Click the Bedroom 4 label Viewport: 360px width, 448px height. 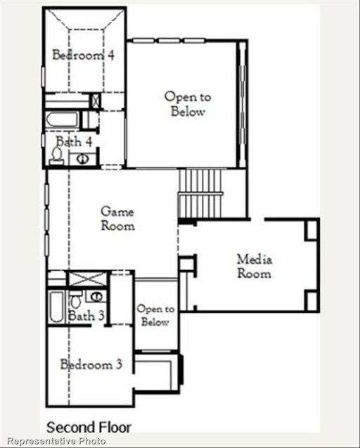83,54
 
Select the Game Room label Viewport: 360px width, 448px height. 117,218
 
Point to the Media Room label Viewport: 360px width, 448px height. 254,267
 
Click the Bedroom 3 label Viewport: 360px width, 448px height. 91,364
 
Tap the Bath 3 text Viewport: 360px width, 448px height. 86,316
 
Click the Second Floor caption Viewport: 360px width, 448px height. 89,427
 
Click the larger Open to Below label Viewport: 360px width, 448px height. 188,104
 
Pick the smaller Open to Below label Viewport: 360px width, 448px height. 155,316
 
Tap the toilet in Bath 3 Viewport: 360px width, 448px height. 76,301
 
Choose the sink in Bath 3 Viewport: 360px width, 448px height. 94,296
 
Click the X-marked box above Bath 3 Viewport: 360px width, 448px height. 77,278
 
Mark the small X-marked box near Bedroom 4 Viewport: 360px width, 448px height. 96,100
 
